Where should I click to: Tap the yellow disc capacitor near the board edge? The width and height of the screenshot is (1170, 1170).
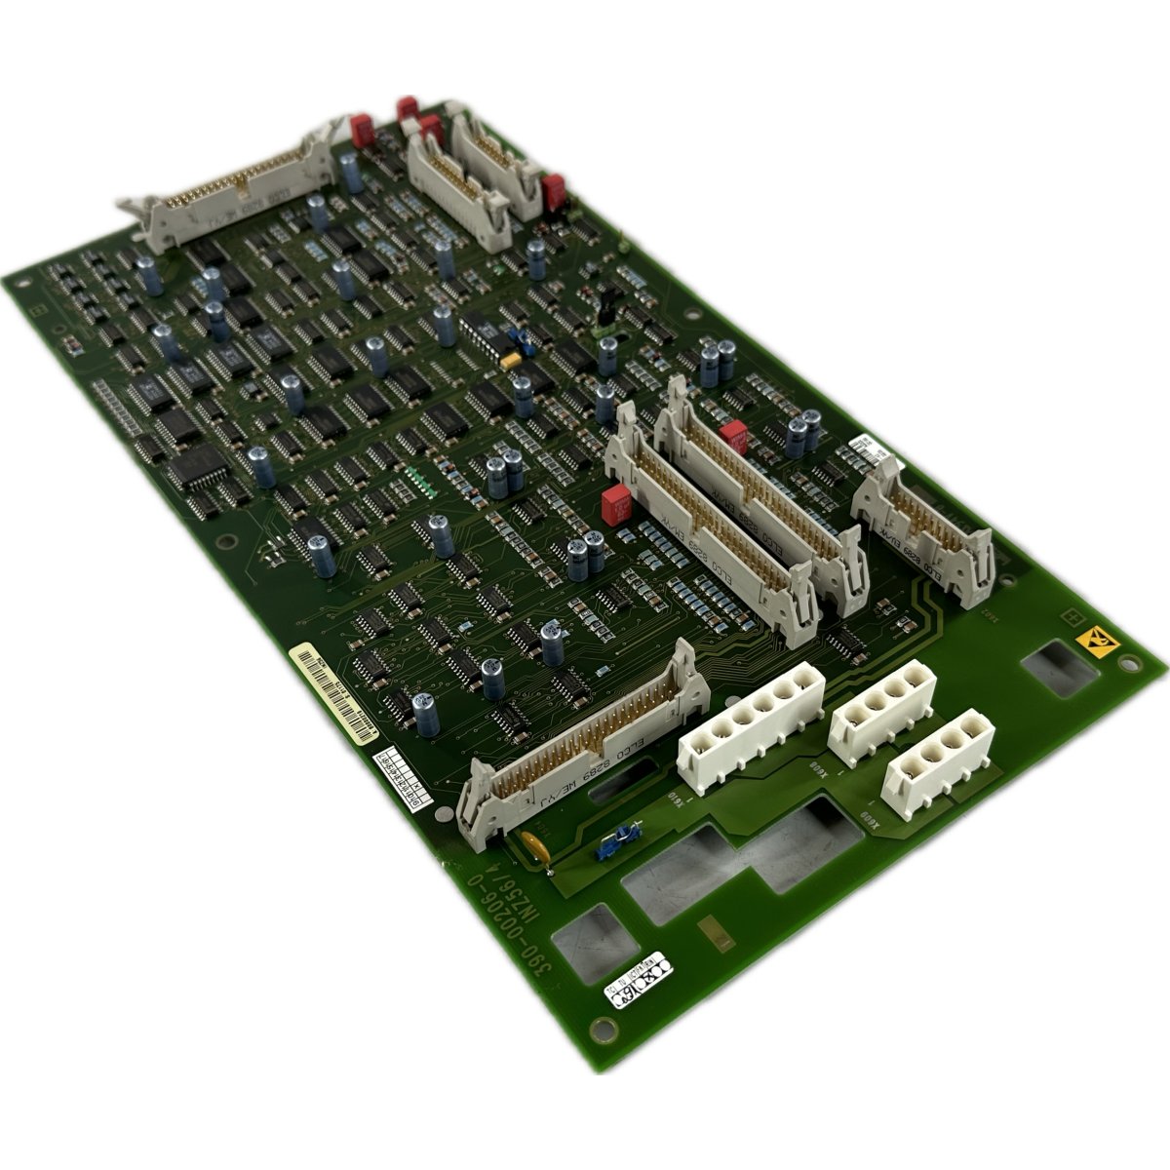point(534,843)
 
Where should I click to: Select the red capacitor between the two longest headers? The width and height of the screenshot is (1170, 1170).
point(732,435)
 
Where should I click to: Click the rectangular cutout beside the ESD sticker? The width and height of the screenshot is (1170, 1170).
point(1059,671)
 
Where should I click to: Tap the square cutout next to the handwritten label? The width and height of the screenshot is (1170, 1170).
point(582,940)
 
